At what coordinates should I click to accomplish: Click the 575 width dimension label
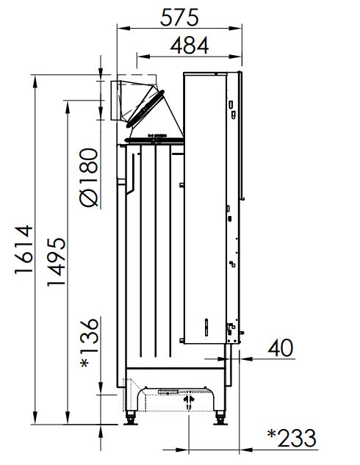tap(179, 17)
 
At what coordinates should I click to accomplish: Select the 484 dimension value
tap(190, 46)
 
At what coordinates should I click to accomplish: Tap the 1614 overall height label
tap(24, 250)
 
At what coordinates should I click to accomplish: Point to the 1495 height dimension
tap(56, 262)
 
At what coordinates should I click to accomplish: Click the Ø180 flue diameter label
tap(89, 177)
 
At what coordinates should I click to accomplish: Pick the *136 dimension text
tap(89, 342)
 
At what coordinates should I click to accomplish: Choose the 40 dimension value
tap(280, 348)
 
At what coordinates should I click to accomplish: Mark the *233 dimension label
tap(292, 438)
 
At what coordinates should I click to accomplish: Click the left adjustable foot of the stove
tap(131, 418)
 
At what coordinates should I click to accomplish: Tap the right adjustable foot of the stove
tap(220, 418)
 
